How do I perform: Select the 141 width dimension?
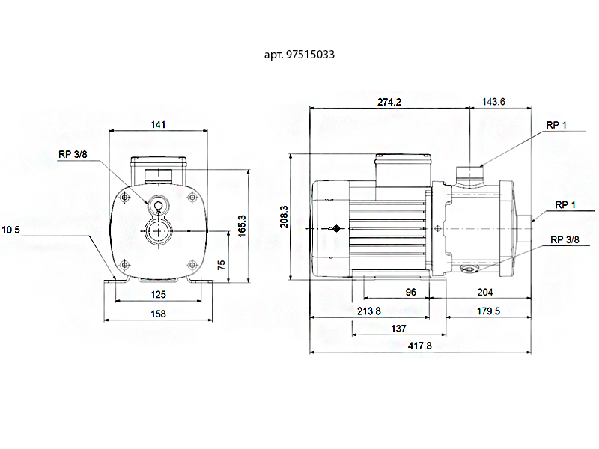[x=158, y=125]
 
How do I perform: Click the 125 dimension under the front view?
[x=158, y=295]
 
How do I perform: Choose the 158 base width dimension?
[x=158, y=314]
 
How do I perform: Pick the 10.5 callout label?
[x=11, y=230]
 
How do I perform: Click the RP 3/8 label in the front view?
[x=73, y=155]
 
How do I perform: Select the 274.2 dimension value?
[x=389, y=102]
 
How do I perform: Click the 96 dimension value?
[x=410, y=292]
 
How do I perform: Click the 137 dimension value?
[x=398, y=329]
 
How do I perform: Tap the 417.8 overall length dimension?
[x=419, y=346]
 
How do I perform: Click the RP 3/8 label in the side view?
[x=565, y=239]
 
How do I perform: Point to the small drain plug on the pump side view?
[x=470, y=268]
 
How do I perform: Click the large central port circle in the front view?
[x=158, y=231]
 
